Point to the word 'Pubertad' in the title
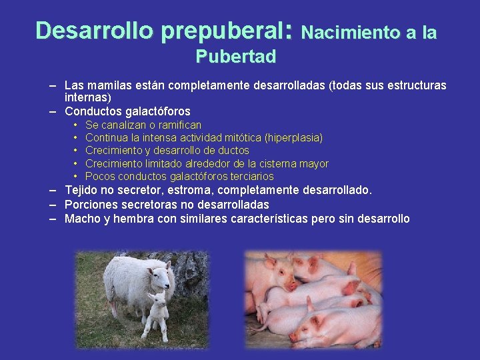[x=236, y=57]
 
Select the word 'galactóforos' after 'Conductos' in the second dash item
[x=157, y=111]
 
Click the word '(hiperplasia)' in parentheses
[x=293, y=138]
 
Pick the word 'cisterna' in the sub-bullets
[x=265, y=163]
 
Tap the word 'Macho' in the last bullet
[x=81, y=219]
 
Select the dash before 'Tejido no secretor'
[x=52, y=191]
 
